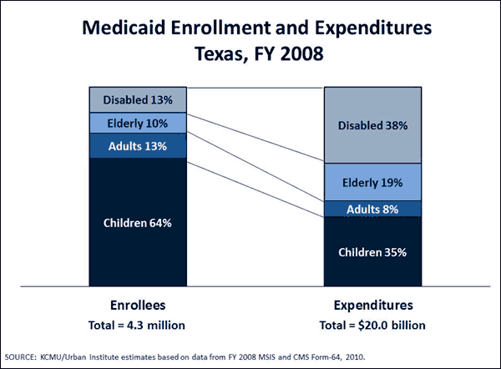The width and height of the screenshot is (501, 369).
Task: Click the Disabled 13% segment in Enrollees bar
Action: pyautogui.click(x=138, y=100)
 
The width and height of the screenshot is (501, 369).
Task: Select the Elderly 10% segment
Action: pyautogui.click(x=138, y=123)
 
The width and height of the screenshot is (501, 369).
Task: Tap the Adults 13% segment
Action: pyautogui.click(x=138, y=146)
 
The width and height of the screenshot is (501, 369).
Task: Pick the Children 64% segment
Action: pyautogui.click(x=138, y=223)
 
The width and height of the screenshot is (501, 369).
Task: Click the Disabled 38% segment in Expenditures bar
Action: pyautogui.click(x=372, y=126)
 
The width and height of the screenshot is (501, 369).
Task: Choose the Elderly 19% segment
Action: pyautogui.click(x=372, y=182)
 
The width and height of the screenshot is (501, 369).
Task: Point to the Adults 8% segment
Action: pyautogui.click(x=372, y=209)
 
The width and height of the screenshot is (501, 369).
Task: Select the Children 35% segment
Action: pyautogui.click(x=372, y=251)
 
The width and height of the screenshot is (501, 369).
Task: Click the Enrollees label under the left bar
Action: pyautogui.click(x=138, y=306)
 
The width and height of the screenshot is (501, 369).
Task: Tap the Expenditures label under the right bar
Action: pyautogui.click(x=372, y=306)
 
